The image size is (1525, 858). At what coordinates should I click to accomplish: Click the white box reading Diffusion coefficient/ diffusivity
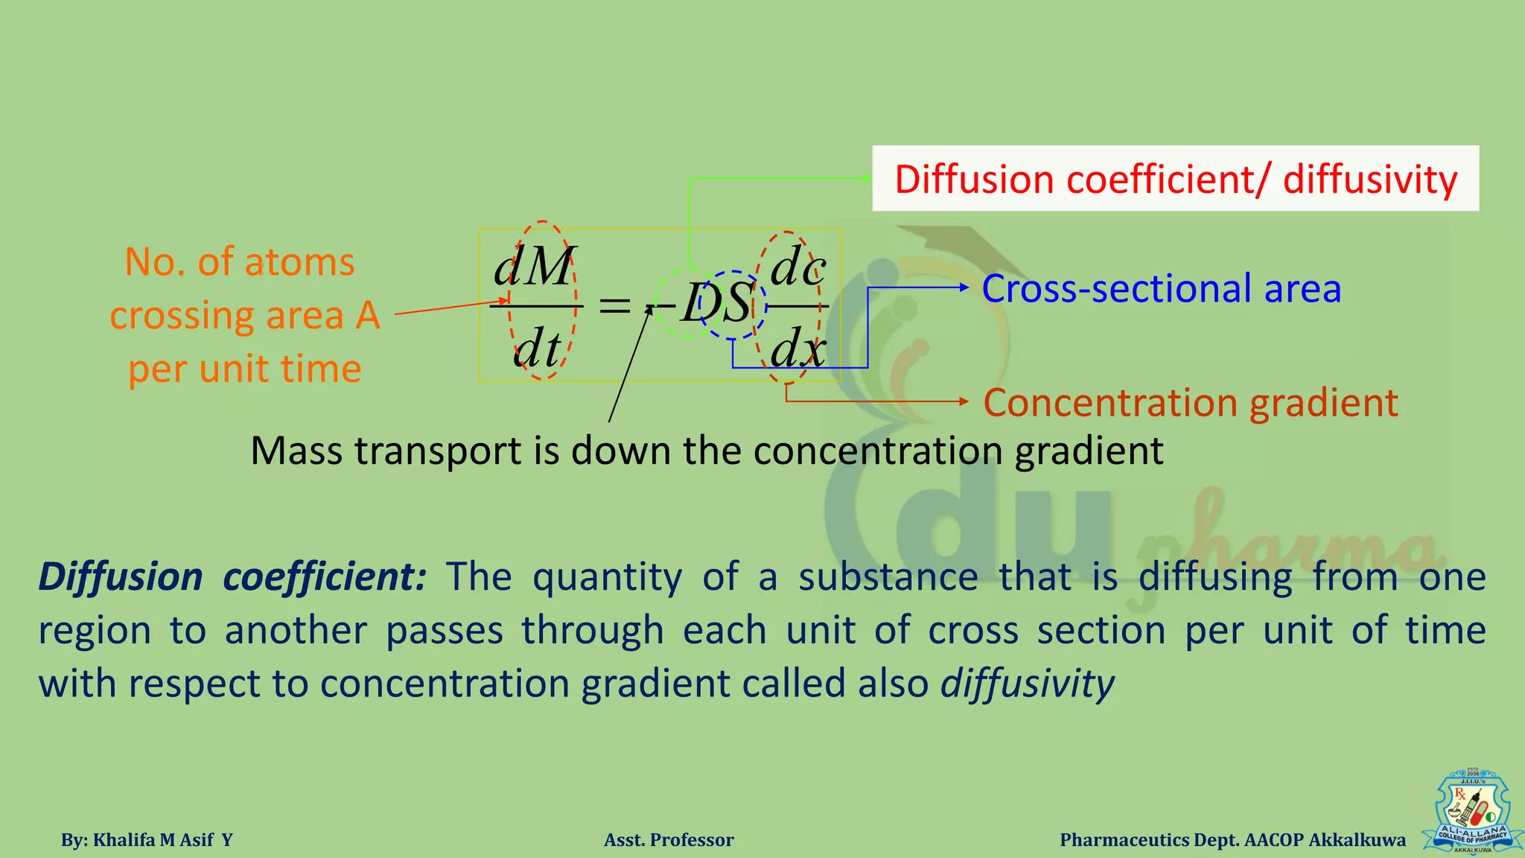1175,179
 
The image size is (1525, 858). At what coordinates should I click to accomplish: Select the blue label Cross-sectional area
1161,288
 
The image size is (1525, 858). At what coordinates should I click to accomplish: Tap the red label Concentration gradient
1190,403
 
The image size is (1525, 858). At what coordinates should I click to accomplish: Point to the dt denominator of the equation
537,349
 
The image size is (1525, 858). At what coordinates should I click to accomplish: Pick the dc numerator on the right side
797,267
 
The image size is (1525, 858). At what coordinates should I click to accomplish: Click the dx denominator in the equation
797,347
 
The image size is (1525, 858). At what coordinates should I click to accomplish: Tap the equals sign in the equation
615,305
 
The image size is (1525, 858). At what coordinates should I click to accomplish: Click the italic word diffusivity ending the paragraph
1028,683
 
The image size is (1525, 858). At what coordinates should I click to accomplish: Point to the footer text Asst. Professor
669,840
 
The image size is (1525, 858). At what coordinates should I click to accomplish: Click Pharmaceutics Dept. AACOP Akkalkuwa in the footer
1232,840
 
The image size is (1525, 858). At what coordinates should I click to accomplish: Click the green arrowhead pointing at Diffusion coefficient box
866,178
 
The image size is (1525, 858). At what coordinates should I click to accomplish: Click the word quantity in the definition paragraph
606,576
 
